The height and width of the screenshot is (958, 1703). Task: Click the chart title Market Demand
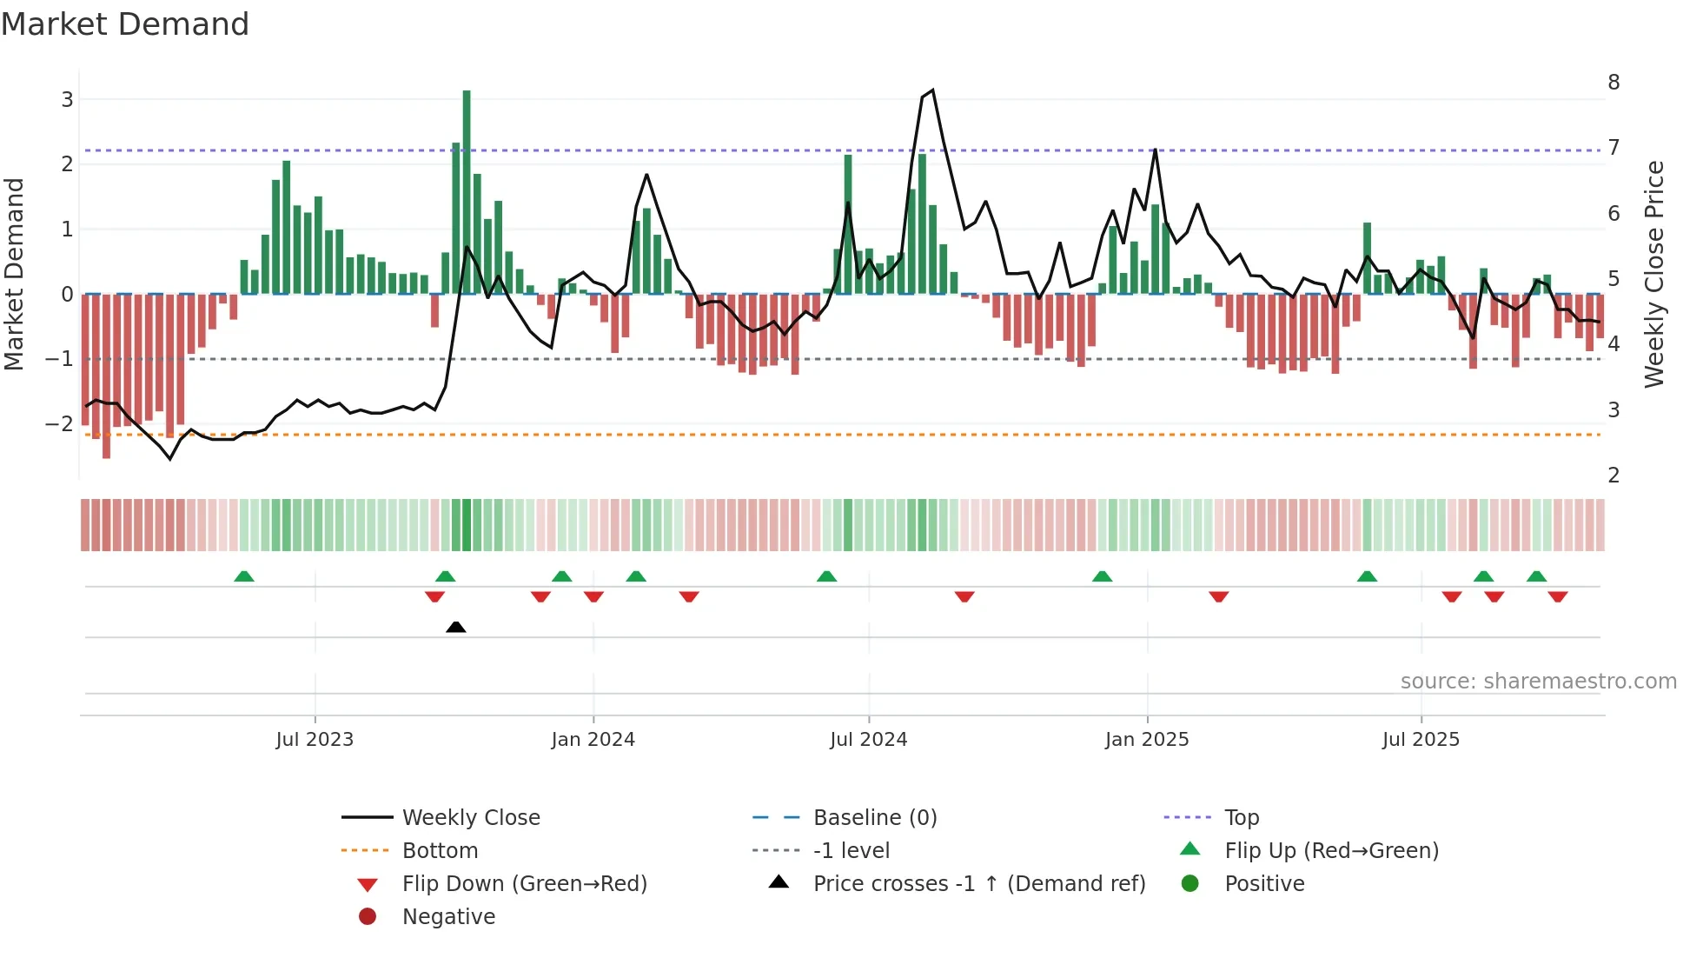[x=125, y=24]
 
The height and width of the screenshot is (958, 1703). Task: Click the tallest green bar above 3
[x=467, y=191]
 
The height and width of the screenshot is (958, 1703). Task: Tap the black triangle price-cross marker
[x=455, y=627]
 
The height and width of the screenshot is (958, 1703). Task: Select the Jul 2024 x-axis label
[x=868, y=740]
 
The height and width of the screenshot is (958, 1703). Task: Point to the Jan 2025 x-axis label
[x=1146, y=740]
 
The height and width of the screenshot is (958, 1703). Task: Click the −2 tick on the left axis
[x=59, y=424]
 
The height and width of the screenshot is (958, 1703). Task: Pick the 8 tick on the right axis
[x=1614, y=83]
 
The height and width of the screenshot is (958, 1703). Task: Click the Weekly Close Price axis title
[x=1654, y=274]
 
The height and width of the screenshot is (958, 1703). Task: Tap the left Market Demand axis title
[x=14, y=274]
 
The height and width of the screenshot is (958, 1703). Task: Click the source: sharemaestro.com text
[x=1538, y=682]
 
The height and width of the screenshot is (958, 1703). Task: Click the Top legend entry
[x=1241, y=818]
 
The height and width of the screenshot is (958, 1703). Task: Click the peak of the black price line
[x=932, y=90]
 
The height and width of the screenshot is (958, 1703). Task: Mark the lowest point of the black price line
[x=170, y=459]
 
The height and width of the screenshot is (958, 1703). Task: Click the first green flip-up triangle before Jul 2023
[x=244, y=576]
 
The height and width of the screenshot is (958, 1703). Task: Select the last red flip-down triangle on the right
[x=1557, y=597]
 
